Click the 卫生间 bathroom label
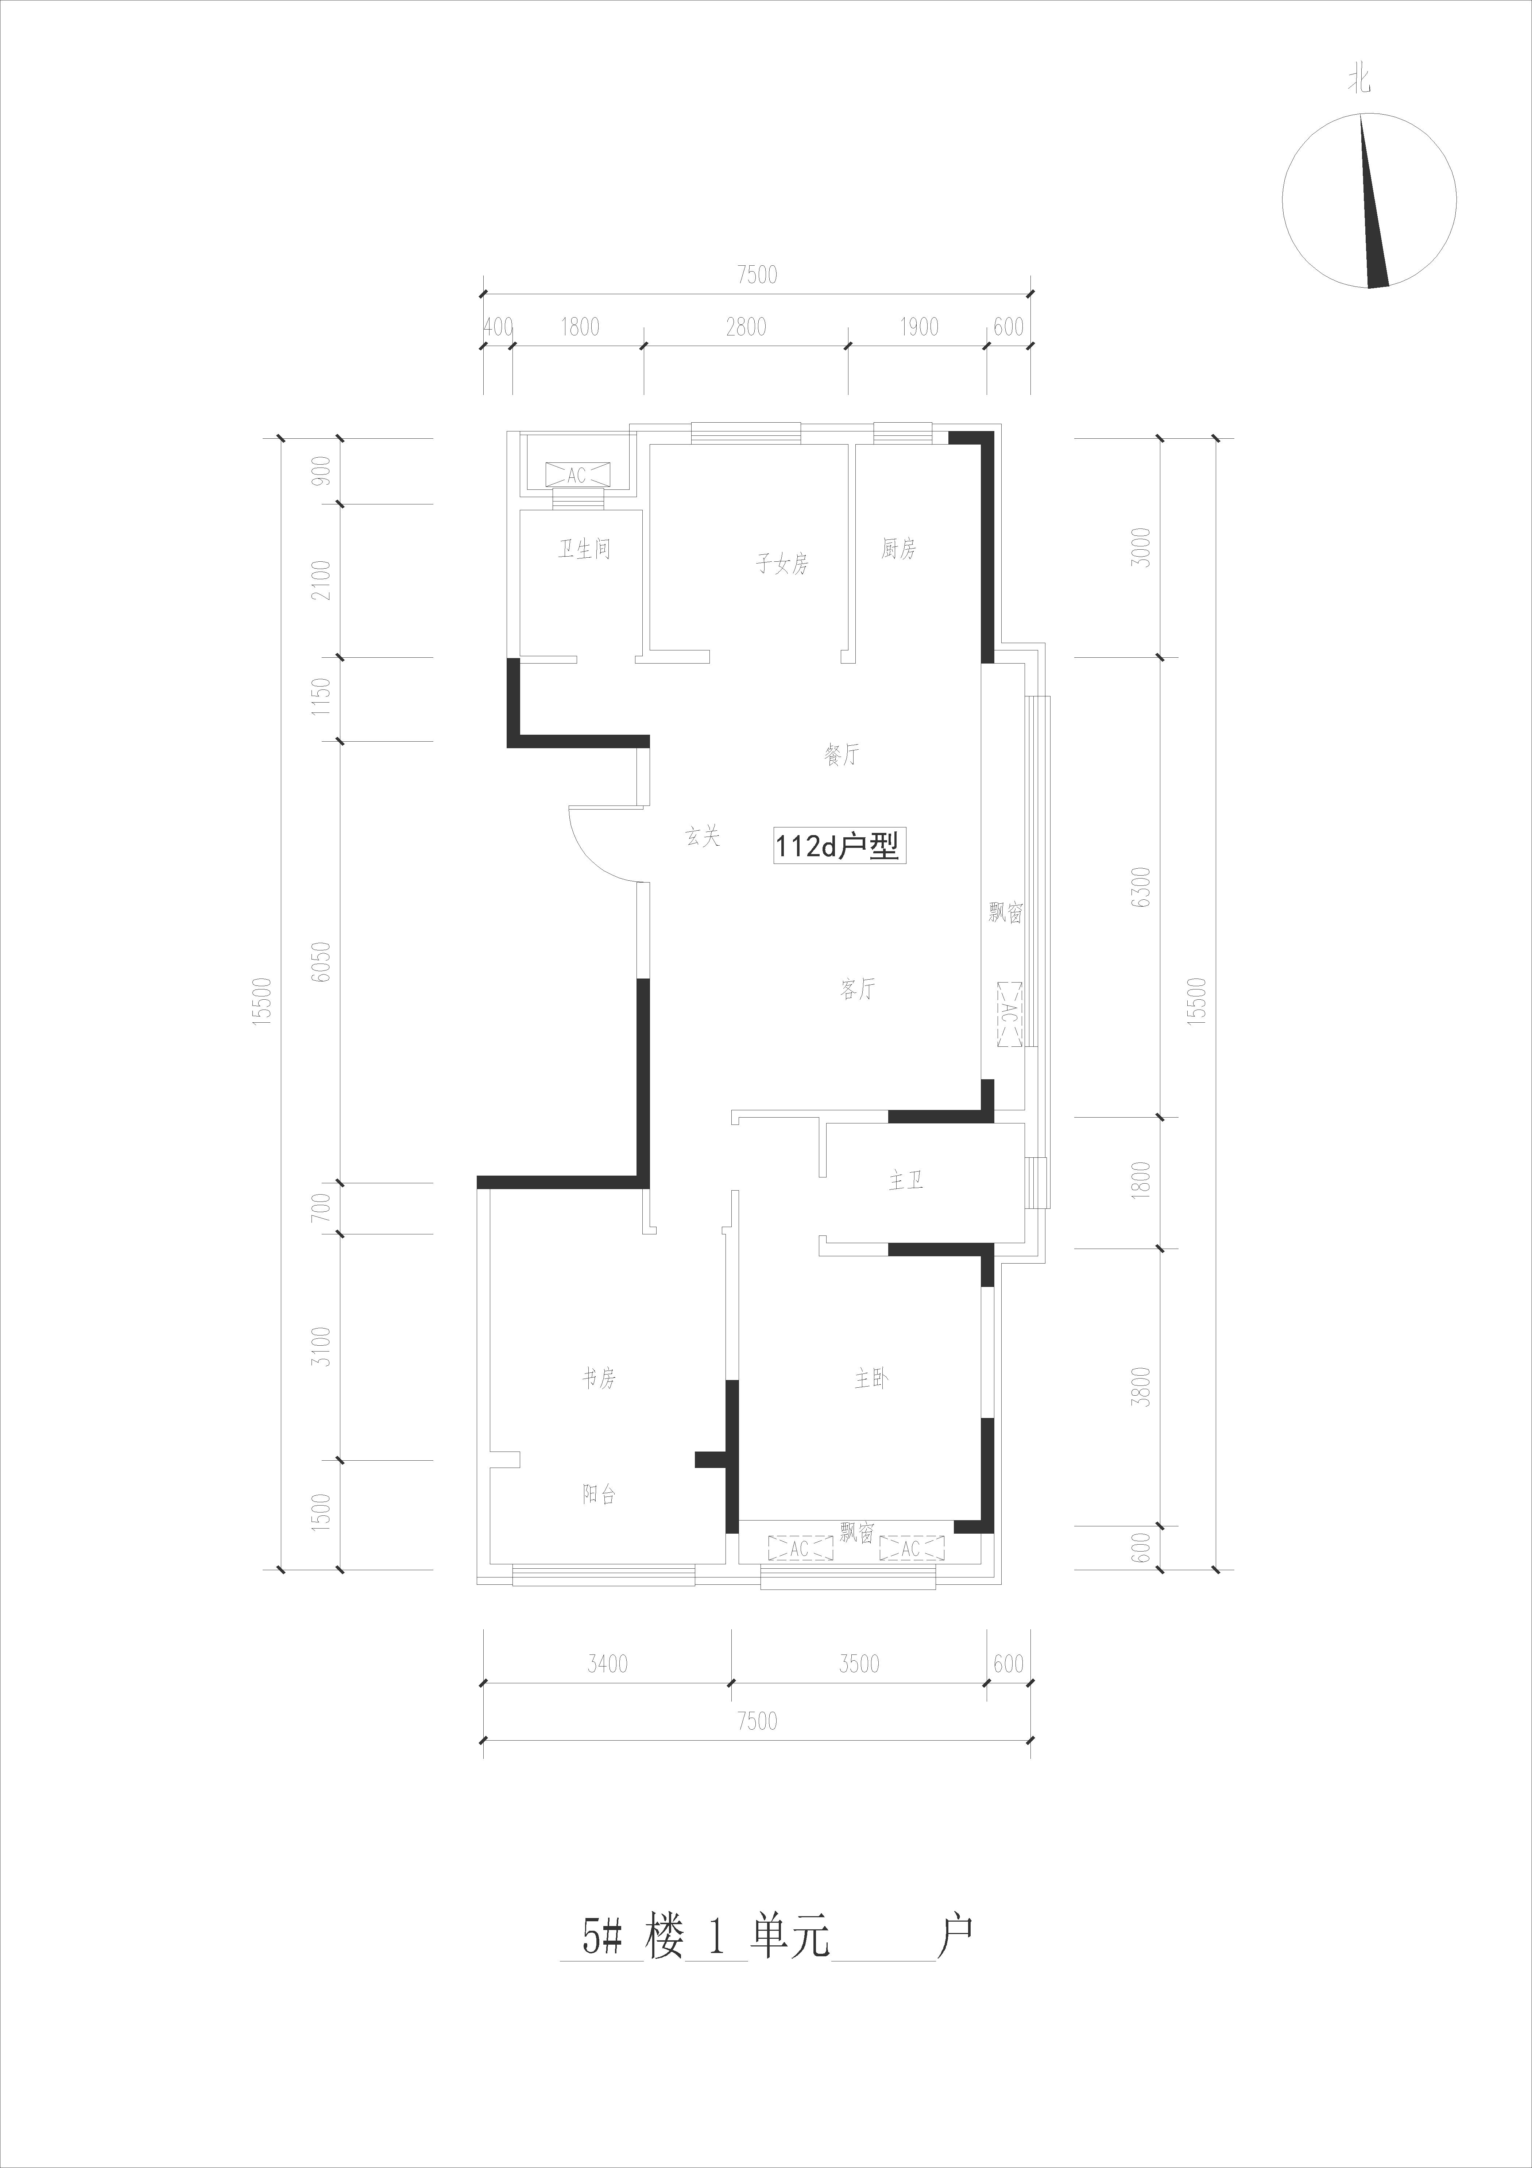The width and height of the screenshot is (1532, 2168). (x=584, y=549)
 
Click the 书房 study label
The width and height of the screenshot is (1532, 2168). (x=599, y=1379)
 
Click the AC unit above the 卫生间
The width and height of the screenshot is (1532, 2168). (x=577, y=475)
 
